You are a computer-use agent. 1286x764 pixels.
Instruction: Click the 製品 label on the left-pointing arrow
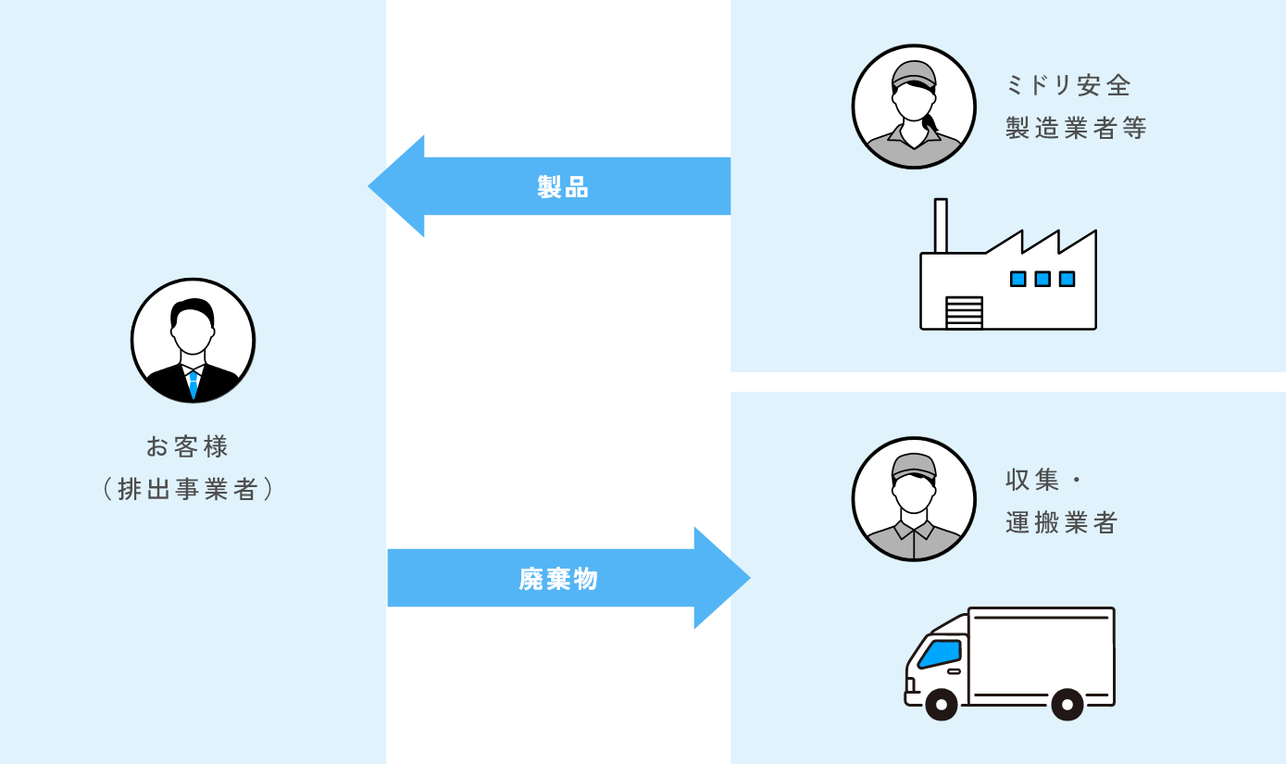coord(563,187)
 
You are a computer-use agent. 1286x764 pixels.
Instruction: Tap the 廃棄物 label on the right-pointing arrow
coord(558,579)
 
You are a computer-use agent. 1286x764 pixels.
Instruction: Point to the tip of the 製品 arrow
coord(368,186)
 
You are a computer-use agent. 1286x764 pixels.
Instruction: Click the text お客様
coord(187,446)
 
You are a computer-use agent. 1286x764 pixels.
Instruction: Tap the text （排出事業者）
coord(188,489)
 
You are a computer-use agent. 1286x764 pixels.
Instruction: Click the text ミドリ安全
coord(1068,85)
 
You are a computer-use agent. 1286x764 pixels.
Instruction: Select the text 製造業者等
coord(1076,128)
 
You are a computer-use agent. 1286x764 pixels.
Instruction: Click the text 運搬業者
coord(1062,522)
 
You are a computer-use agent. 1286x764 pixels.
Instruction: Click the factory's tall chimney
coord(941,226)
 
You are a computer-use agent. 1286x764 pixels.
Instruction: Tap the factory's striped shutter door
coord(964,312)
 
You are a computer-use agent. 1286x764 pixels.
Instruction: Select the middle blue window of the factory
coord(1043,279)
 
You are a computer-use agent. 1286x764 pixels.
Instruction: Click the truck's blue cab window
coord(940,654)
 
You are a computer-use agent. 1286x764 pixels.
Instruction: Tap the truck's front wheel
coord(942,704)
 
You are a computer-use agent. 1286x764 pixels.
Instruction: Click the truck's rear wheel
coord(1068,704)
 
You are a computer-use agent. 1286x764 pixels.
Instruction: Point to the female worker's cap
coord(914,75)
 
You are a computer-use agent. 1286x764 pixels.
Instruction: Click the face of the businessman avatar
coord(193,332)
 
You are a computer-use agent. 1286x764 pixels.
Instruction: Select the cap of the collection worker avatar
coord(914,467)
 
